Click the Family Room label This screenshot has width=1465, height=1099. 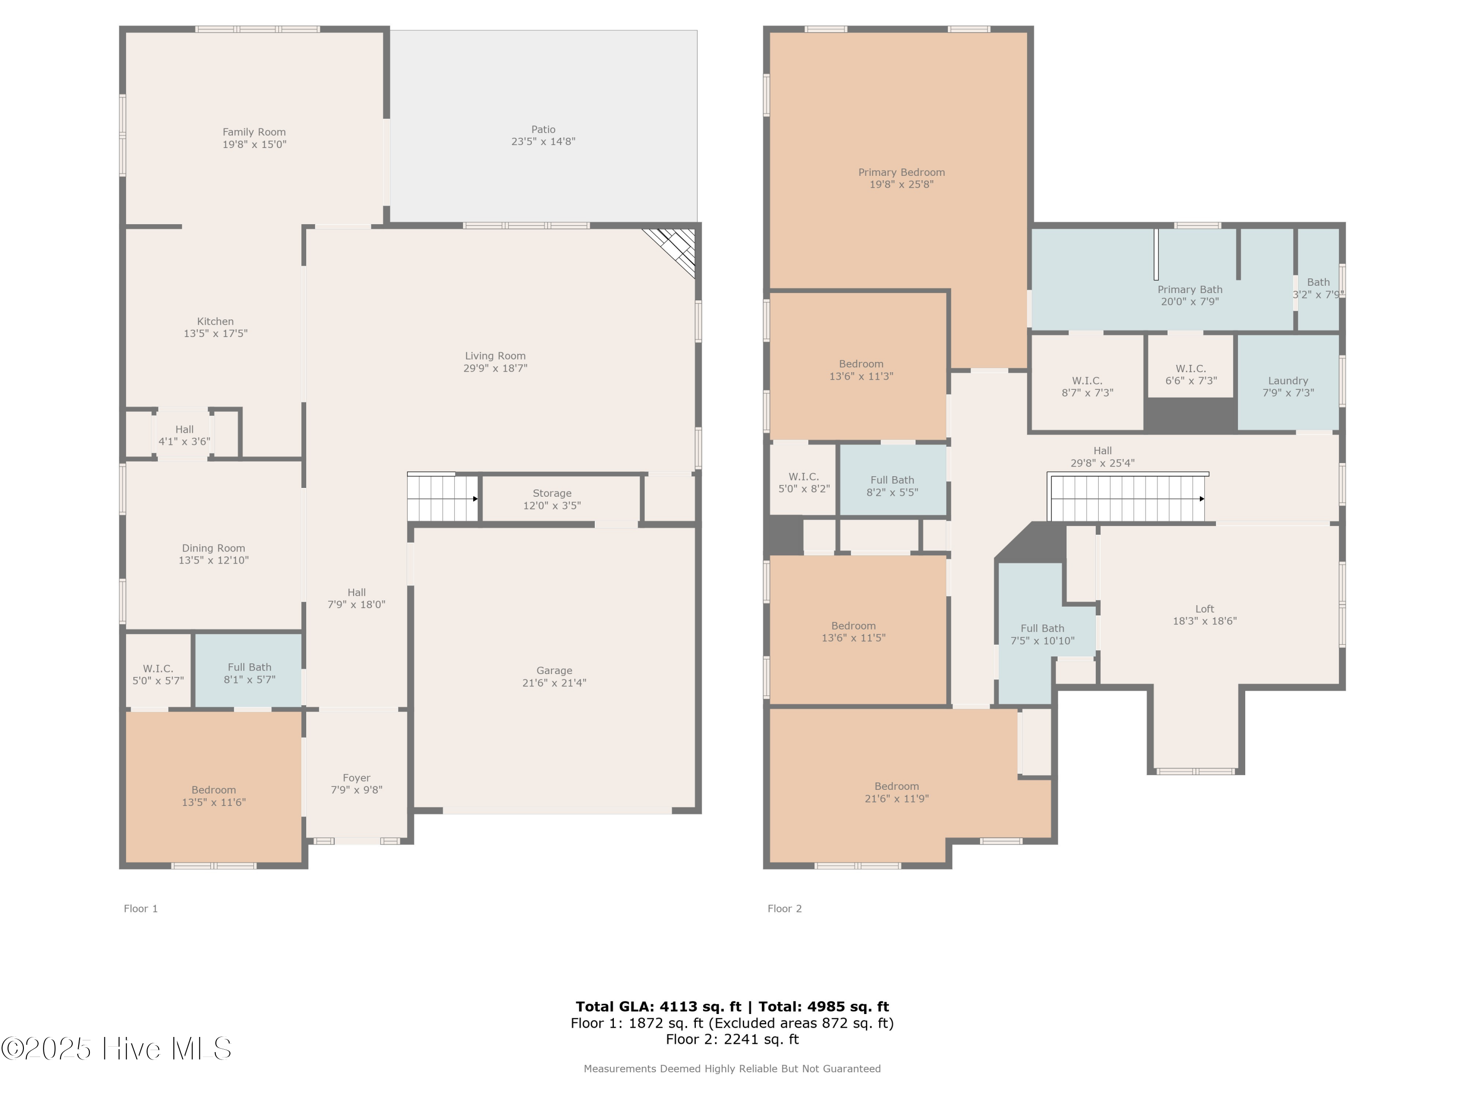(254, 132)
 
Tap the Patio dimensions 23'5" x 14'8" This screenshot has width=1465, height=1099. (543, 141)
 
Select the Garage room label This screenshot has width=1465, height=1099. (554, 671)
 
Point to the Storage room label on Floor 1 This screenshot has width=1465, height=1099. (552, 493)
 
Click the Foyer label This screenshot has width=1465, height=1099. (356, 778)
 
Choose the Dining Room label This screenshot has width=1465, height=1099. (213, 548)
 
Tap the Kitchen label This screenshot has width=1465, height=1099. (215, 321)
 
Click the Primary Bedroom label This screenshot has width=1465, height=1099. (901, 172)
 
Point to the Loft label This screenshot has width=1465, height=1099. (1205, 609)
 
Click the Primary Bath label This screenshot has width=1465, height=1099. (1190, 290)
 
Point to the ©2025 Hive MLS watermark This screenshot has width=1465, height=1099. (117, 1048)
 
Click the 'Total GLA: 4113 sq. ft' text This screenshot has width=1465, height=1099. (658, 1007)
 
